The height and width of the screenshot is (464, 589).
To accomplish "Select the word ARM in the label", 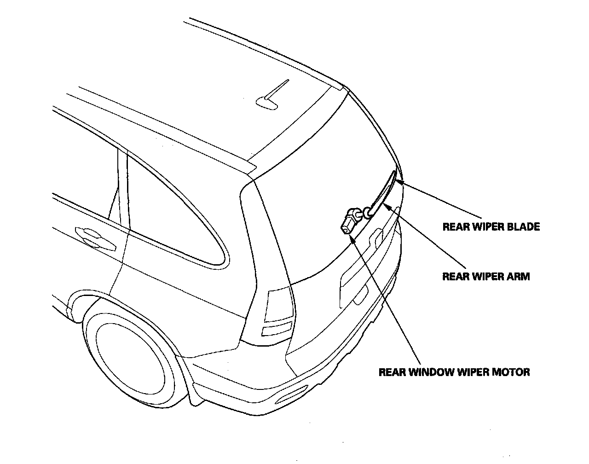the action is click(x=519, y=276).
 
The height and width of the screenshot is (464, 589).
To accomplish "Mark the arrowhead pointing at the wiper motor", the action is click(x=352, y=238).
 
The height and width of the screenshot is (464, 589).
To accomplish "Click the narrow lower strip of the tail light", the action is click(x=277, y=330).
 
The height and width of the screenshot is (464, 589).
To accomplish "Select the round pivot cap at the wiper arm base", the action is click(x=368, y=212).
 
